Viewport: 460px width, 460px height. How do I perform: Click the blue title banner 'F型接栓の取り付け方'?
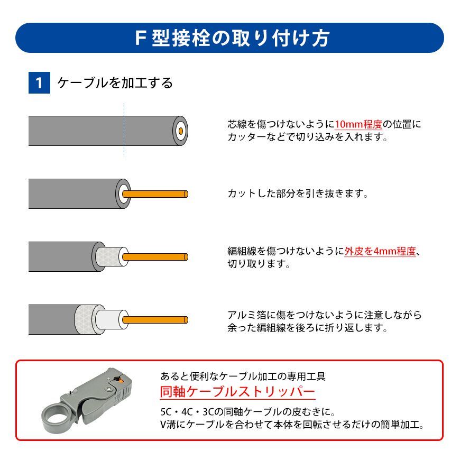coord(229,38)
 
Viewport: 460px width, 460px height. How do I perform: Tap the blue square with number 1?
coord(39,82)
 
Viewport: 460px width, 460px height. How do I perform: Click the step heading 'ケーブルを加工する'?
coord(115,82)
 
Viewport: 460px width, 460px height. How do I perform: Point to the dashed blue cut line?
coord(124,130)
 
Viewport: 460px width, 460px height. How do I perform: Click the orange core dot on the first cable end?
coord(181,131)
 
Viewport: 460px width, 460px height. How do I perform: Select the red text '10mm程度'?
coord(358,124)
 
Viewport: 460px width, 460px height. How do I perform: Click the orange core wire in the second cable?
coord(155,194)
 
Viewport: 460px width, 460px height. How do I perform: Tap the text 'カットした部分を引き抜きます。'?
coord(298,194)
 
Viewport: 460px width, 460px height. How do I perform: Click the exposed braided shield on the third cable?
coord(109,256)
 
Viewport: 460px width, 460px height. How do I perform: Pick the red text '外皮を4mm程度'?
coord(380,251)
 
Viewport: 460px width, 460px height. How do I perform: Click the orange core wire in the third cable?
coord(155,257)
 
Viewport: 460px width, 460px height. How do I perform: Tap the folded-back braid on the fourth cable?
coord(85,320)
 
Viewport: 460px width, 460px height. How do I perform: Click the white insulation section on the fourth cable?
coord(108,319)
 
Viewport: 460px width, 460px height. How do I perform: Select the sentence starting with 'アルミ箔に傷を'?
coord(325,321)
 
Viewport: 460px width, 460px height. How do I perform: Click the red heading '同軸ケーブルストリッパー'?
coord(237,392)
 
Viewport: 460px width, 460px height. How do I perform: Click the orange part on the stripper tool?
coord(119,380)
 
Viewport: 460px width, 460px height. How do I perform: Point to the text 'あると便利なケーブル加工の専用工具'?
coord(243,376)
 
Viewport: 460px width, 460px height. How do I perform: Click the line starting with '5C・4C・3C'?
coord(248,412)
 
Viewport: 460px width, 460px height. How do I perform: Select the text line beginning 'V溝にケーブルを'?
coord(292,425)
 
